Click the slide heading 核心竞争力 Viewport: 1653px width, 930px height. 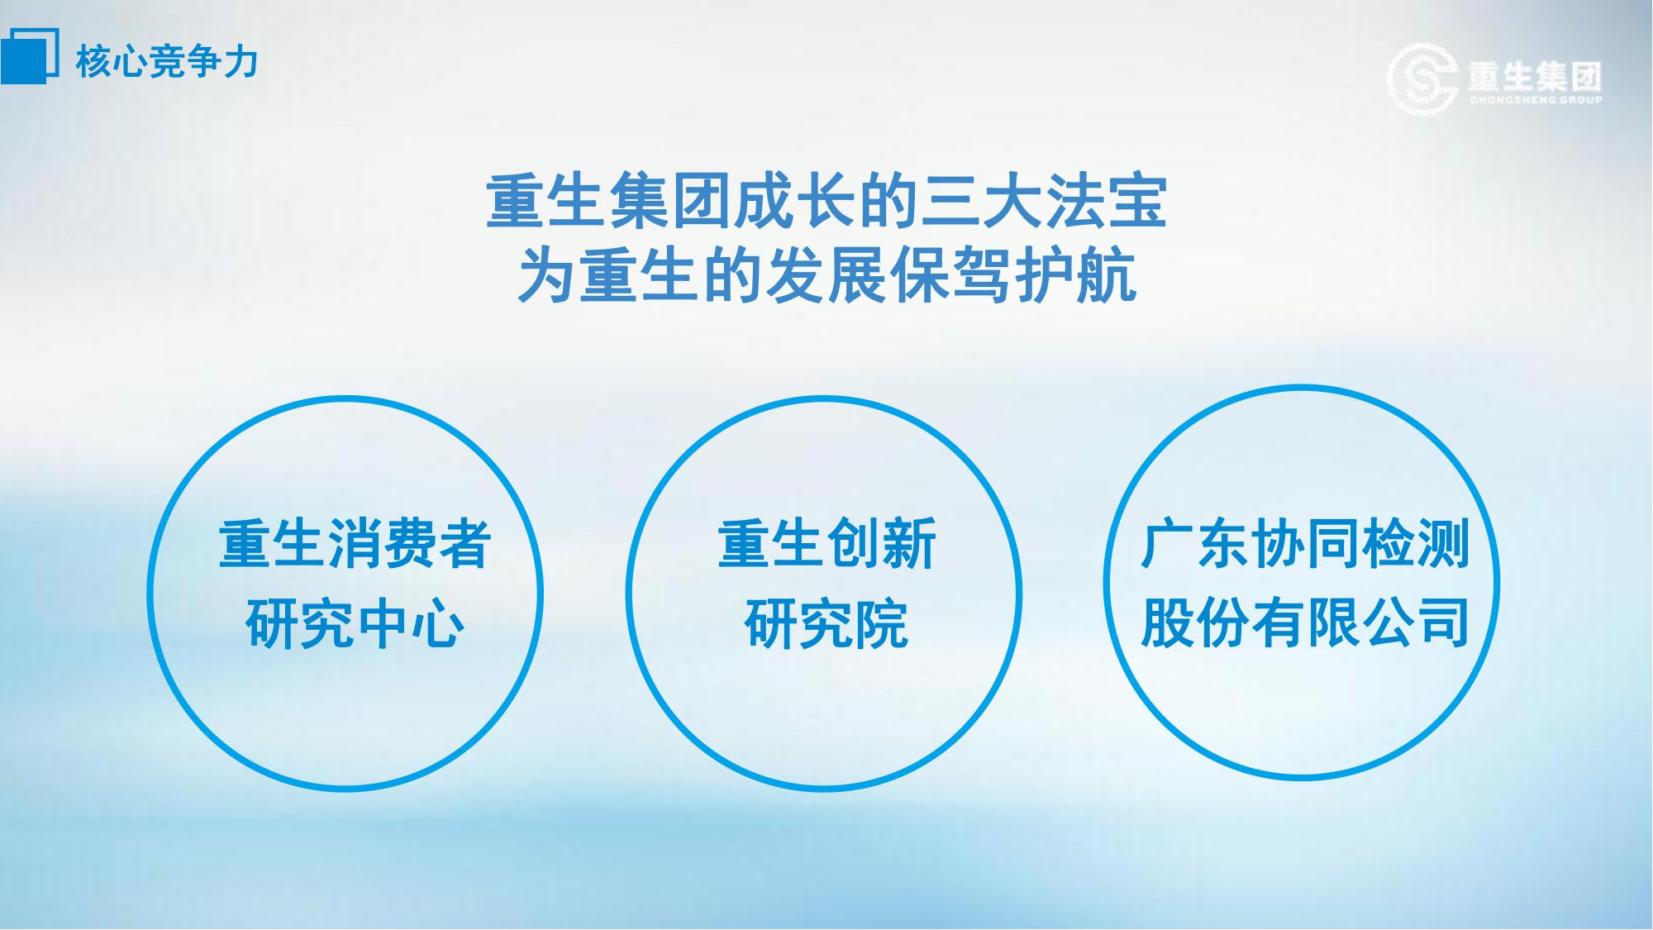pyautogui.click(x=167, y=62)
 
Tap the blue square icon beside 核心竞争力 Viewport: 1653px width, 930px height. pyautogui.click(x=29, y=56)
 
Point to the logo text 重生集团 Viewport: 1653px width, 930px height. pyautogui.click(x=1535, y=77)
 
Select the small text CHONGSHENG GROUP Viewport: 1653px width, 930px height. pyautogui.click(x=1536, y=101)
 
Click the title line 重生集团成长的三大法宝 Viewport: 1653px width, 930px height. pyautogui.click(x=826, y=201)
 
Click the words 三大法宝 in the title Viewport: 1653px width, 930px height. pyautogui.click(x=1044, y=201)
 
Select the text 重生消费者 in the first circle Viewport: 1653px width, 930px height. pyautogui.click(x=355, y=544)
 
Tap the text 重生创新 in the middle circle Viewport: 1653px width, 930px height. pyautogui.click(x=826, y=544)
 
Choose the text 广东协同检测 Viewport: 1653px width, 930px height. pyautogui.click(x=1304, y=544)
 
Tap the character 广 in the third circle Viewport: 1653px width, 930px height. pyautogui.click(x=1167, y=544)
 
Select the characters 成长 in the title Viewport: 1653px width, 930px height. pyautogui.click(x=795, y=201)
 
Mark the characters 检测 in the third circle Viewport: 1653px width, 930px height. pyautogui.click(x=1415, y=544)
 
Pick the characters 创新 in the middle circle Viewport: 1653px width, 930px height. pyautogui.click(x=882, y=544)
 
